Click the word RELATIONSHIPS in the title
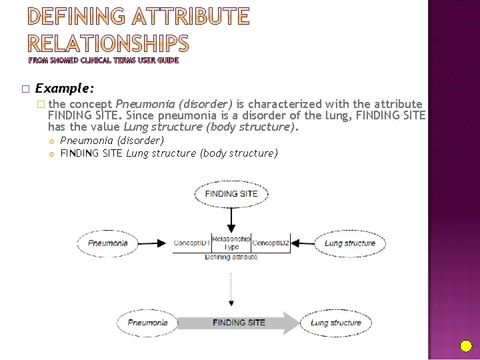[x=109, y=44]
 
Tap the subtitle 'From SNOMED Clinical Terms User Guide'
[x=103, y=60]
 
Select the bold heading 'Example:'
[x=64, y=88]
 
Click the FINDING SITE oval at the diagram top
[x=231, y=194]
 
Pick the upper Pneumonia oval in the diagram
[x=108, y=243]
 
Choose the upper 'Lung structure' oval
[x=349, y=243]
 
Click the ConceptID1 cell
[x=192, y=243]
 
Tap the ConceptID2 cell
[x=270, y=243]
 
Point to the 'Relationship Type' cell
[x=231, y=243]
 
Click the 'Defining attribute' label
[x=231, y=257]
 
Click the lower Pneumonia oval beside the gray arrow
[x=147, y=323]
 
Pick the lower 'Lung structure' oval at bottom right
[x=336, y=323]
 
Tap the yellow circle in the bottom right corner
[x=466, y=346]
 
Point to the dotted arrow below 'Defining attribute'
[x=231, y=283]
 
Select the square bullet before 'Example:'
[x=25, y=89]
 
